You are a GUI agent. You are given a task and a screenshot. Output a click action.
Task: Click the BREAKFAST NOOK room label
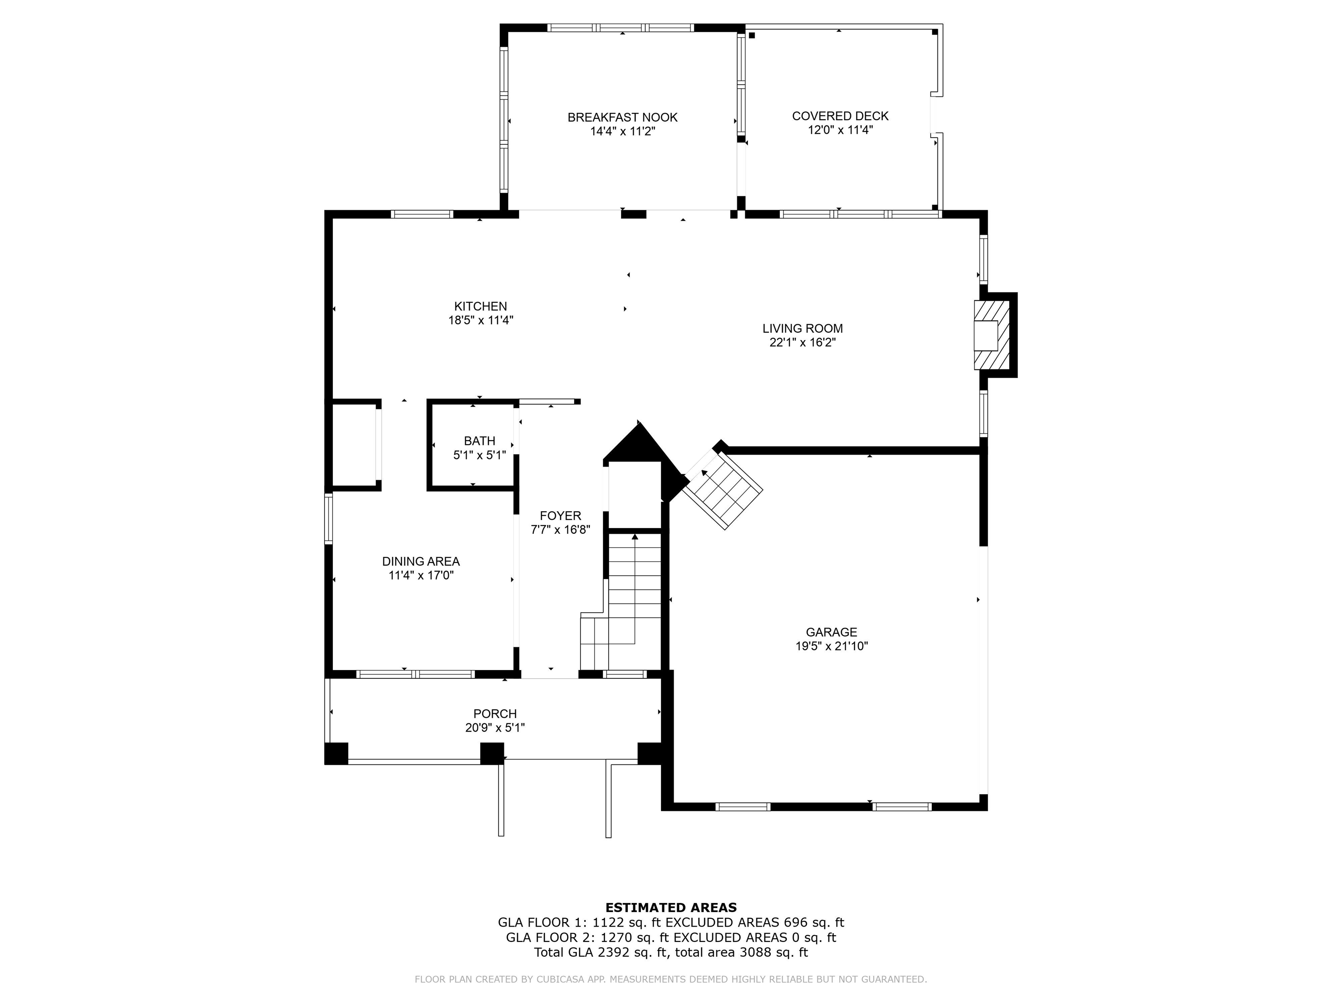623,117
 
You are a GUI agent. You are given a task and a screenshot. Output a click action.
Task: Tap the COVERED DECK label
840,116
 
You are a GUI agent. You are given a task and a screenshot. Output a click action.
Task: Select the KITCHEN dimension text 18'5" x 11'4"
481,320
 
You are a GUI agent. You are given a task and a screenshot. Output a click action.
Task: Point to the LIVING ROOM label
802,328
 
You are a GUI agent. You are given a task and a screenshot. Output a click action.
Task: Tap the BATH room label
479,441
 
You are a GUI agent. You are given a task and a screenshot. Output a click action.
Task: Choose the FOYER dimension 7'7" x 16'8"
560,529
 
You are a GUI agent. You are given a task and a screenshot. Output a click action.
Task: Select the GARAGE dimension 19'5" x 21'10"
831,646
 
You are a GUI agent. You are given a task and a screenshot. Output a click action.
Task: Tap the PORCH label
495,714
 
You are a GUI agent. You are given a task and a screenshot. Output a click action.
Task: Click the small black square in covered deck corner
752,35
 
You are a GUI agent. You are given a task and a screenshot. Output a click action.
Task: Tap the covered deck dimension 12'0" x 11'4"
840,129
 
